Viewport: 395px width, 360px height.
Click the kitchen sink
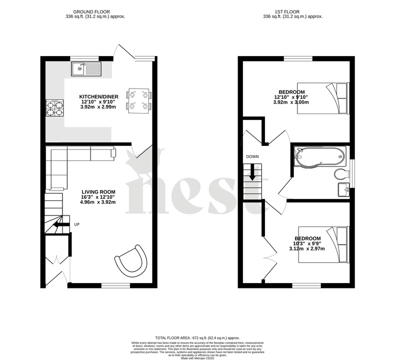(x=86, y=69)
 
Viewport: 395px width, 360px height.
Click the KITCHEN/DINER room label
(x=98, y=96)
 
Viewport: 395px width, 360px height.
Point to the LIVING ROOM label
(x=98, y=191)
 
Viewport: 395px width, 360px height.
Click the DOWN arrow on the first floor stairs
(x=252, y=173)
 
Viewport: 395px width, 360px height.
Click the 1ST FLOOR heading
(x=292, y=11)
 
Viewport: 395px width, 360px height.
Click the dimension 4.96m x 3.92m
(x=98, y=202)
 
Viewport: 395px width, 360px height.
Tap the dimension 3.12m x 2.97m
(x=307, y=248)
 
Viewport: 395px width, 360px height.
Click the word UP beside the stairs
(x=77, y=224)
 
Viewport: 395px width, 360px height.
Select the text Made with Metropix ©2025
(x=197, y=357)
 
